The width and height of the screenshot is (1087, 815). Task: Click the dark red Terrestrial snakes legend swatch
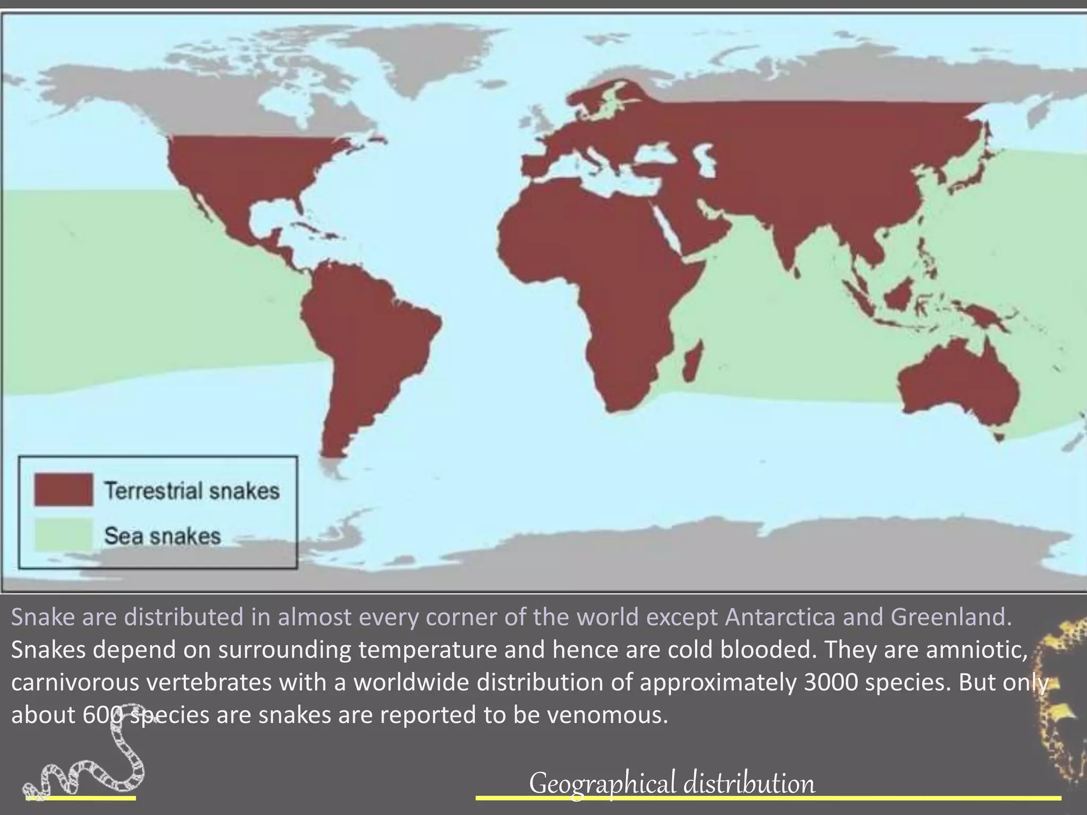point(64,489)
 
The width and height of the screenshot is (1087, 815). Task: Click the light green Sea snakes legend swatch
point(64,535)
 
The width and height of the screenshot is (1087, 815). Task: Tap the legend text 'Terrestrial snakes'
point(192,491)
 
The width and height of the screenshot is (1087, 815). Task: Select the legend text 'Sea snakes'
point(162,536)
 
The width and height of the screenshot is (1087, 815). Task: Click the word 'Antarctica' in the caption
point(780,617)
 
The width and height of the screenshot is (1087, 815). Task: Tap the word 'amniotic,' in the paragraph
point(977,650)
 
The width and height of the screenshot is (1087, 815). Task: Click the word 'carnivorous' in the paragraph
point(75,682)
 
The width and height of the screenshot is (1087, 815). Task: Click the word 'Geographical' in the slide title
point(602,784)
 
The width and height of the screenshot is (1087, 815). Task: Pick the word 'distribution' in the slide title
point(749,784)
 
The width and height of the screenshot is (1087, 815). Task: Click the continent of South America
point(366,329)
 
